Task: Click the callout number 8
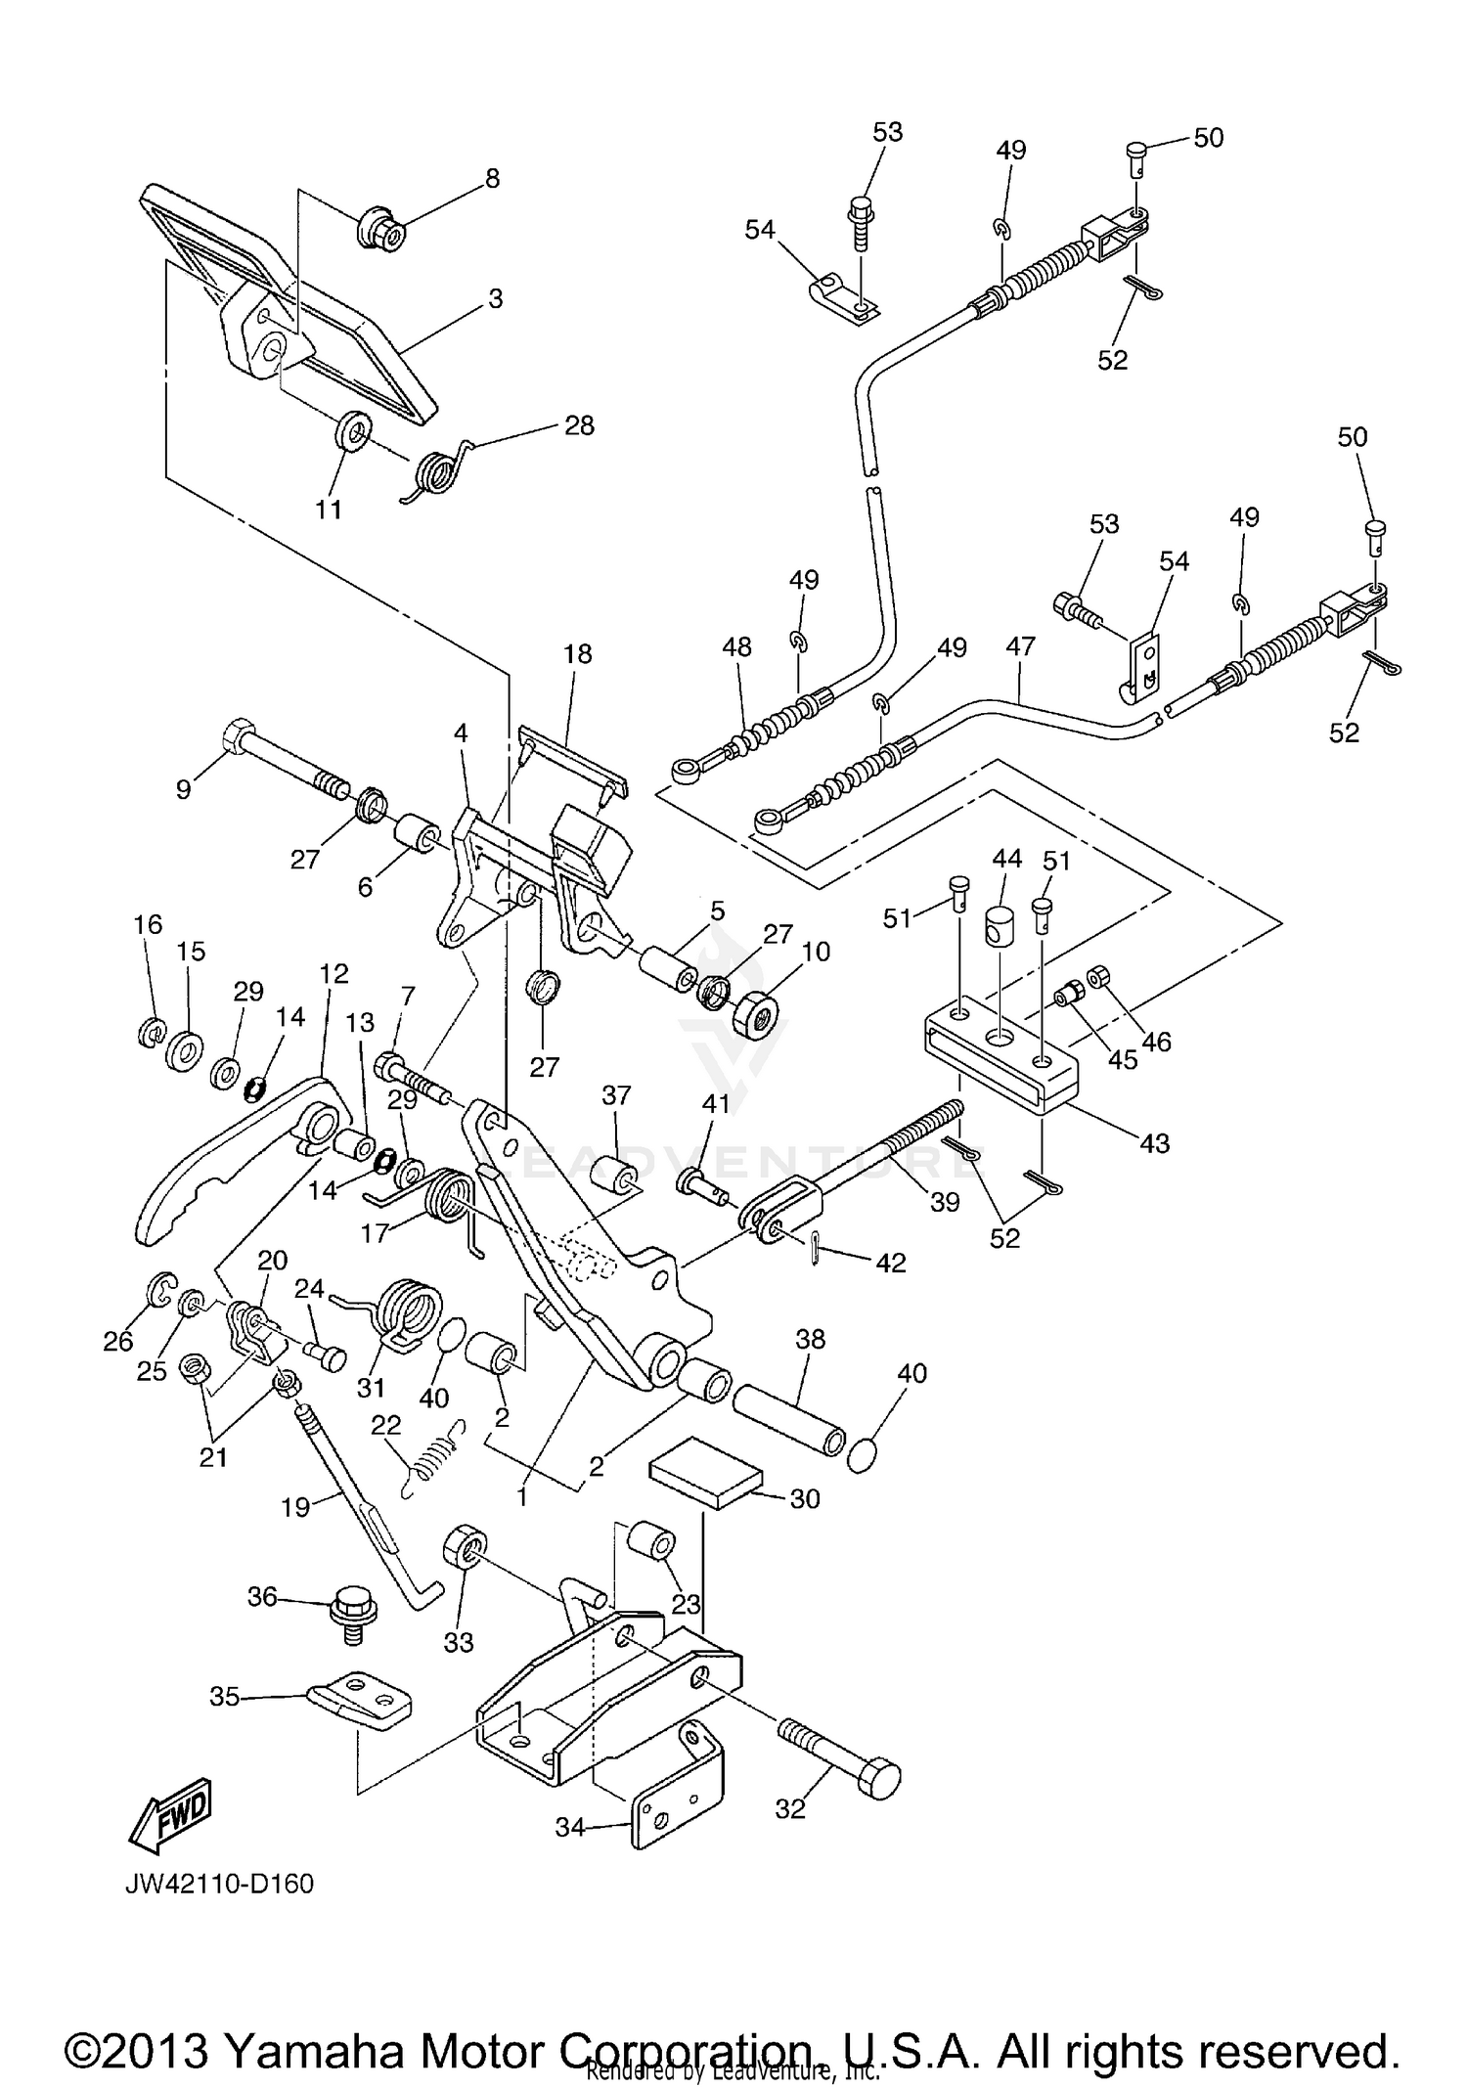(x=492, y=178)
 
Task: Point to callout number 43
(x=1154, y=1142)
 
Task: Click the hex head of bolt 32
(x=879, y=1777)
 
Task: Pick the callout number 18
(x=577, y=653)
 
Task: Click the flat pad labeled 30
(x=705, y=1473)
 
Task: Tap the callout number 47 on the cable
(x=1020, y=646)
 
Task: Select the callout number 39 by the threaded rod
(x=944, y=1201)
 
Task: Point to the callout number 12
(x=333, y=973)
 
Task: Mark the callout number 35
(x=224, y=1697)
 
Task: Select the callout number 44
(x=1006, y=859)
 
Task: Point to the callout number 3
(x=495, y=298)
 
